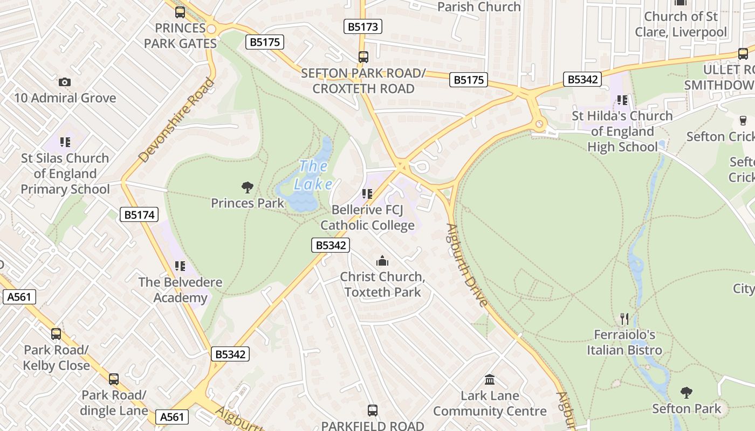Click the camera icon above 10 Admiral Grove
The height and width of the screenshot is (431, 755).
coord(65,82)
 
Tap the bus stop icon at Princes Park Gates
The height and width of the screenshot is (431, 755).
coord(180,12)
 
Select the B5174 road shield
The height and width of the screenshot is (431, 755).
coord(139,215)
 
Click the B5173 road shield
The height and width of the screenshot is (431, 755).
coord(363,26)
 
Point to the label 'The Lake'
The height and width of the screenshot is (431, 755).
coord(313,175)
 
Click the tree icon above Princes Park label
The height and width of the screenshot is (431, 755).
coord(248,187)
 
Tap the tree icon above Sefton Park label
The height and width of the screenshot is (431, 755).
coord(686,392)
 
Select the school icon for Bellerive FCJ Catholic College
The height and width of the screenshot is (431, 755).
coord(367,194)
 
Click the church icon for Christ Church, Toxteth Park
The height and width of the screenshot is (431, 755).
coord(382,261)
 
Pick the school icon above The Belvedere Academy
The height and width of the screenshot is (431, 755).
coord(180,266)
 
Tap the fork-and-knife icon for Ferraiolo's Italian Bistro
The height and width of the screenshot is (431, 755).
coord(624,318)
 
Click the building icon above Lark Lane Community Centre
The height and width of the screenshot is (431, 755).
coord(490,379)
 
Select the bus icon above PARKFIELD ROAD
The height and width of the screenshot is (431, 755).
coord(373,411)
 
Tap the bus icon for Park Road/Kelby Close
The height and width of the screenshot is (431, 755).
coord(56,334)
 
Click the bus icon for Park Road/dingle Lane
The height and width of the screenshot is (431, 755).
coord(114,379)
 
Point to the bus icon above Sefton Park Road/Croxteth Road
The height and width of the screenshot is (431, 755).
coord(363,57)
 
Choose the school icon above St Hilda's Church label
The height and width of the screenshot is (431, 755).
coord(622,100)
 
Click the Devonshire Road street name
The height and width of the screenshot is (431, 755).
coord(176,120)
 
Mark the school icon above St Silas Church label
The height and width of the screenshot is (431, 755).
coord(65,142)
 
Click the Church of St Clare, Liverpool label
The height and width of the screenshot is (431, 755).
coord(681,24)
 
